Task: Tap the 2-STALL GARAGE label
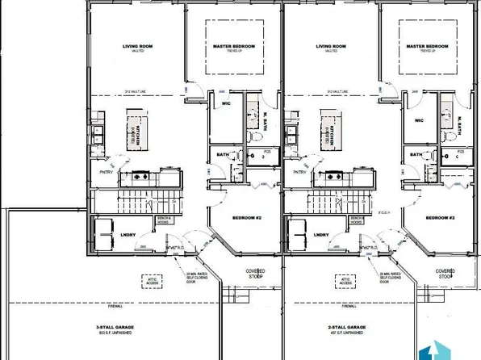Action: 348,327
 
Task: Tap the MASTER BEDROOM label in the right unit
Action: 429,47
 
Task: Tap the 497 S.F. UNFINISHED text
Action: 348,333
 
